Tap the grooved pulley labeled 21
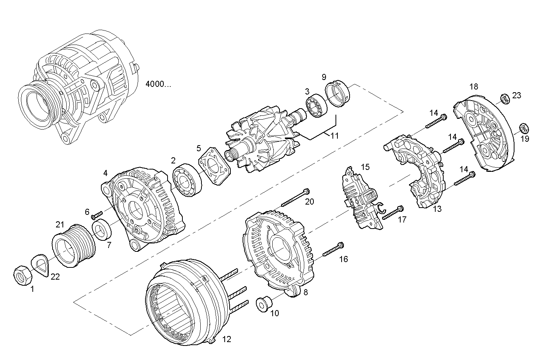point(73,245)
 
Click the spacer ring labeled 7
point(102,230)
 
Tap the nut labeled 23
point(504,99)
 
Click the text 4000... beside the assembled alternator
point(158,84)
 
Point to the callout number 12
point(227,339)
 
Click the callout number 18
point(473,86)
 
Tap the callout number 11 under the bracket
point(334,136)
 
